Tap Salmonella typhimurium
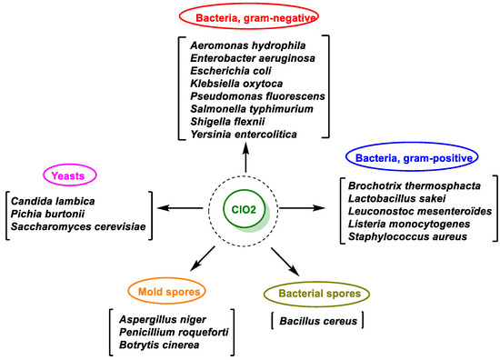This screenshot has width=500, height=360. (x=265, y=107)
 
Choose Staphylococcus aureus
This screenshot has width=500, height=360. (x=403, y=236)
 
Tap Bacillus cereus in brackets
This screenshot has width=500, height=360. (x=316, y=320)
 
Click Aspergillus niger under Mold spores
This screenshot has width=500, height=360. (x=161, y=320)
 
